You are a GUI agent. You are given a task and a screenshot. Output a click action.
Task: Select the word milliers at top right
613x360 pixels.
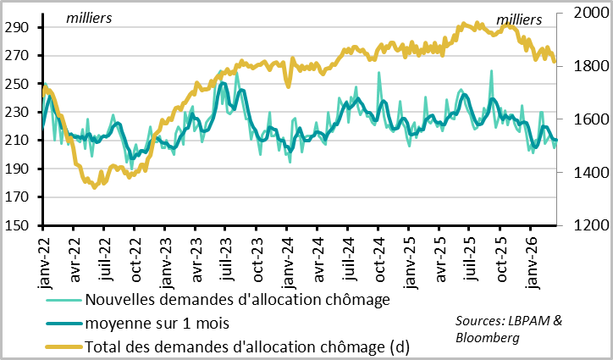pos(518,19)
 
